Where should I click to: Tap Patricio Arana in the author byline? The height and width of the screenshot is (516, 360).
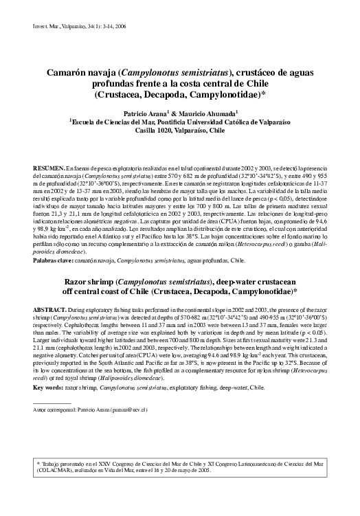(146, 111)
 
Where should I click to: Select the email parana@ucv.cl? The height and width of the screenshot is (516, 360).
(130, 410)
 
